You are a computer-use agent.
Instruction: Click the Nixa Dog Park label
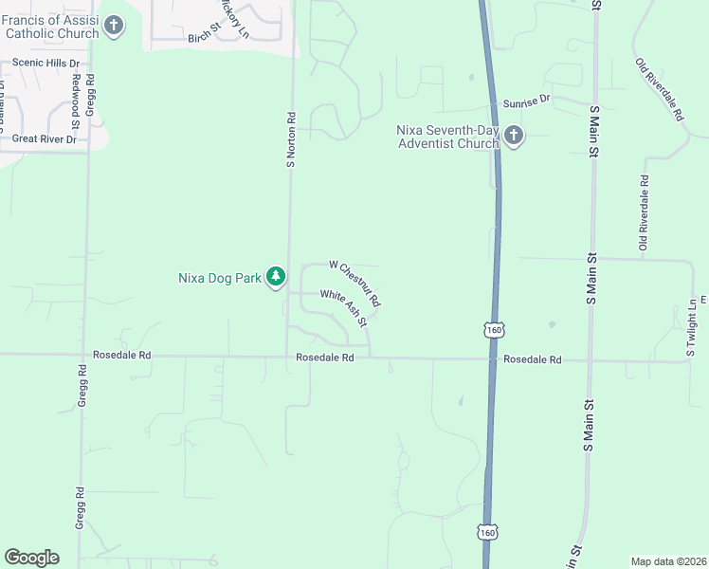pos(219,278)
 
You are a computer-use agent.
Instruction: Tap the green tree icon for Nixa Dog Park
pos(276,277)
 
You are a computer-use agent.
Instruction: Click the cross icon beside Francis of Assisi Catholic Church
pos(114,26)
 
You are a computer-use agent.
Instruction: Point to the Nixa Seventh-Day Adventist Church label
pos(447,137)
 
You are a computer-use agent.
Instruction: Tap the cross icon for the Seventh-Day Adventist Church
pos(513,137)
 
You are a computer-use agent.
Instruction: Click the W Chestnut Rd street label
pos(355,282)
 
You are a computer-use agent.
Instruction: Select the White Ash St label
pos(343,307)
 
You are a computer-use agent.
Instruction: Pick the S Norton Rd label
pos(292,138)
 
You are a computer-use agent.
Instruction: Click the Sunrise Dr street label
pos(527,99)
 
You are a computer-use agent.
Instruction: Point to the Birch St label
pos(203,38)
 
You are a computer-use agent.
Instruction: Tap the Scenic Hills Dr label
pos(45,63)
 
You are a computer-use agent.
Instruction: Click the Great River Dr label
pos(44,138)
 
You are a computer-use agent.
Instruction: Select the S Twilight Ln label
pos(691,327)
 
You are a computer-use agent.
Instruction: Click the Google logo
pos(31,558)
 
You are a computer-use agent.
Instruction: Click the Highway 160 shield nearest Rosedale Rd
pos(493,329)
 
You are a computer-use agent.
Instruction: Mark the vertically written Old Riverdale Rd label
pos(644,212)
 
